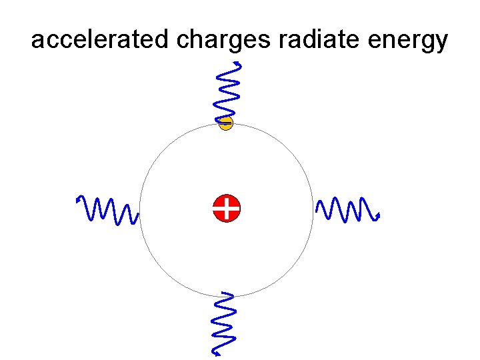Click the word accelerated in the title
tap(101, 41)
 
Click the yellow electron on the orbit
tap(227, 123)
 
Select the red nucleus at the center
tap(227, 208)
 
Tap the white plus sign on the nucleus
tap(227, 208)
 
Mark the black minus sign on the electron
tap(227, 123)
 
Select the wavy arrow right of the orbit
tap(347, 209)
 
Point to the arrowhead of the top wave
tap(239, 64)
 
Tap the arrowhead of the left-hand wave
tap(79, 199)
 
